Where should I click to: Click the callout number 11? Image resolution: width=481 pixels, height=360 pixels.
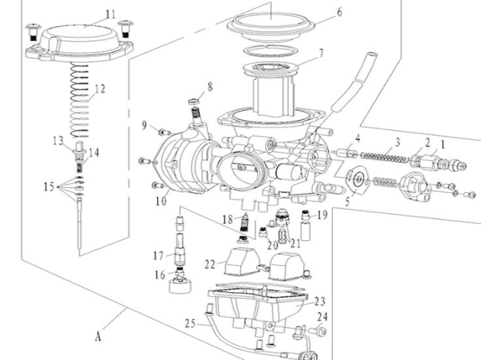[111, 14]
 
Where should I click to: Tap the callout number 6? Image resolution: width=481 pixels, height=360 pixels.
[340, 12]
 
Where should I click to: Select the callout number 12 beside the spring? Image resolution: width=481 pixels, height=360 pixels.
[100, 88]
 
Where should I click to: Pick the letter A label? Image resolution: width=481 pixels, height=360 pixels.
[98, 336]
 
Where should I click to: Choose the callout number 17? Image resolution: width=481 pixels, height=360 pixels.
[158, 256]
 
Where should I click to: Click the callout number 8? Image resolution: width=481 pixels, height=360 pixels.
[211, 86]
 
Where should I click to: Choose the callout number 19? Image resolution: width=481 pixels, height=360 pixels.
[322, 215]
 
